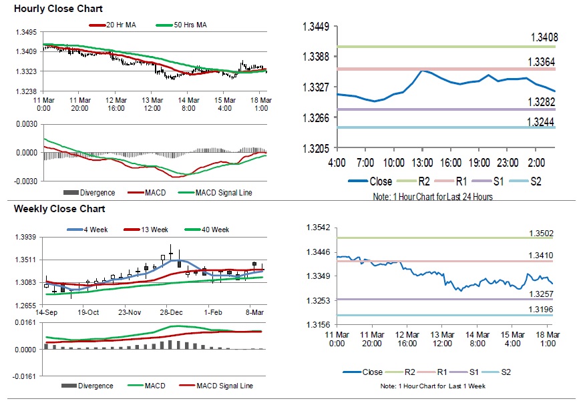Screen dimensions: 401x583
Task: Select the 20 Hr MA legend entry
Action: pos(118,25)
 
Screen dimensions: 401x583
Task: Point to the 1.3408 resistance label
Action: pos(544,37)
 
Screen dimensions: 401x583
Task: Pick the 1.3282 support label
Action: pos(544,101)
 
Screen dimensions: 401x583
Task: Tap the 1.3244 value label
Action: pos(544,121)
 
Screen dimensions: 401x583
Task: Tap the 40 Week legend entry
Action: pos(214,230)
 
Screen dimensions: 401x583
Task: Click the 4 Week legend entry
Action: pos(95,230)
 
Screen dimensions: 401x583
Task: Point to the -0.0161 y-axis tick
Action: pos(27,376)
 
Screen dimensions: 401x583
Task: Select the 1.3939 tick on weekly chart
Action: pos(27,237)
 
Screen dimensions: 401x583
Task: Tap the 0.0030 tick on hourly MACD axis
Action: pos(27,124)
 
